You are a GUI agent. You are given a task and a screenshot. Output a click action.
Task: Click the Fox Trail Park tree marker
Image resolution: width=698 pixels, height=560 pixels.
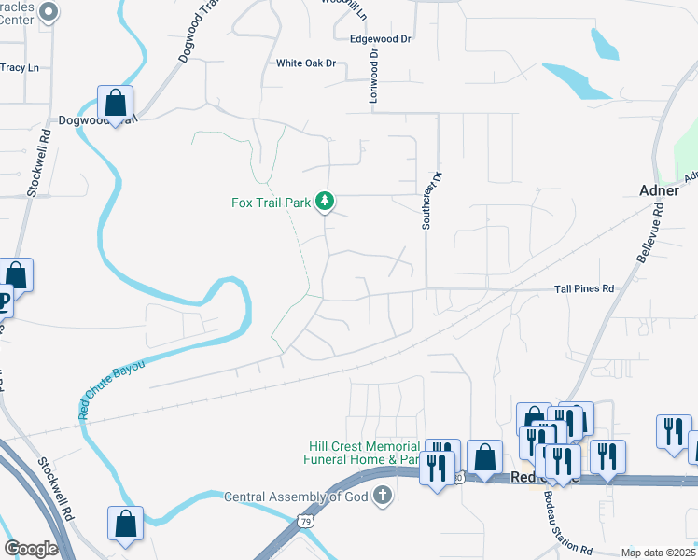coord(325,201)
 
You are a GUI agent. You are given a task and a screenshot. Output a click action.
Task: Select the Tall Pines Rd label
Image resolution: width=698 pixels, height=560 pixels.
coord(584,289)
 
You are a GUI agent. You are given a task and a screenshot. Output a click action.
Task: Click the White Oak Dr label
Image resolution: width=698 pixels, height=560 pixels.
coord(305,63)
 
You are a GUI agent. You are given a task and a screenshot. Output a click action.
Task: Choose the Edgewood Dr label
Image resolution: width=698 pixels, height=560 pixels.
coord(380,39)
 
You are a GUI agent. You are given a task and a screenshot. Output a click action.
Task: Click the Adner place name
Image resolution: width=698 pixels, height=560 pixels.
coord(659,189)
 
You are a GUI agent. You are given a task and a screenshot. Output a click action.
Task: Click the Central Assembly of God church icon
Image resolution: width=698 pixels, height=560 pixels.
coord(382,496)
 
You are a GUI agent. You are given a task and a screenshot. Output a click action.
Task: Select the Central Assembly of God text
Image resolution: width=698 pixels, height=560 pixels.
coord(297,497)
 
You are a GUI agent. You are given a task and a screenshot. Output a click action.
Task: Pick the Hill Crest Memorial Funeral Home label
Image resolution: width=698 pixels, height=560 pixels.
coord(362,453)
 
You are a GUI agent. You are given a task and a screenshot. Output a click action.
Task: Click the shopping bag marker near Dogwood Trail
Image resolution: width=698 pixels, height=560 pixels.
coord(115,104)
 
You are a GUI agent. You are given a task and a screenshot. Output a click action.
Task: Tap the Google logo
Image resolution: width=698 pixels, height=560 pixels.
coord(31,549)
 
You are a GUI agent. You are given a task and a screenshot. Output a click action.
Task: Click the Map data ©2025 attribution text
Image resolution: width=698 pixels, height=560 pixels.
coord(658,553)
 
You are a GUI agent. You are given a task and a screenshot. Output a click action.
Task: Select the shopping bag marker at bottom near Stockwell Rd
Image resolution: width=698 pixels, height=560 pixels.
coord(125,525)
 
